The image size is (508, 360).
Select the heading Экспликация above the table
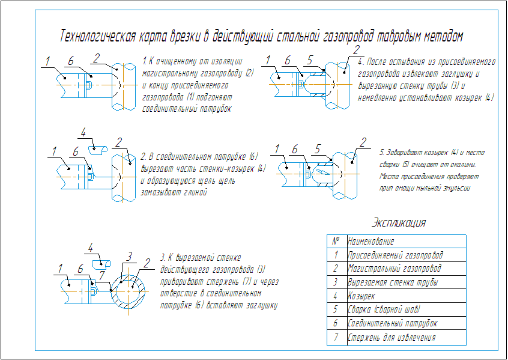click(399, 223)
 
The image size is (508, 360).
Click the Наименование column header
click(371, 242)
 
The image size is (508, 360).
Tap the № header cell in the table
click(336, 241)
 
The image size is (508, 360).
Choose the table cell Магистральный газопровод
click(394, 269)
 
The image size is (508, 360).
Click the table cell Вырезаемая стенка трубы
click(392, 282)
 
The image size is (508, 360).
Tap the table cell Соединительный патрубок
click(392, 324)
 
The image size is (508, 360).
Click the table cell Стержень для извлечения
click(391, 338)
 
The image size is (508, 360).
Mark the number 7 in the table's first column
click(336, 337)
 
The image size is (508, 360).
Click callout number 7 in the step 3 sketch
click(103, 274)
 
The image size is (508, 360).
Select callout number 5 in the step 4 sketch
click(309, 60)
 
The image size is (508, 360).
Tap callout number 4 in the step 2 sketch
click(83, 133)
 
